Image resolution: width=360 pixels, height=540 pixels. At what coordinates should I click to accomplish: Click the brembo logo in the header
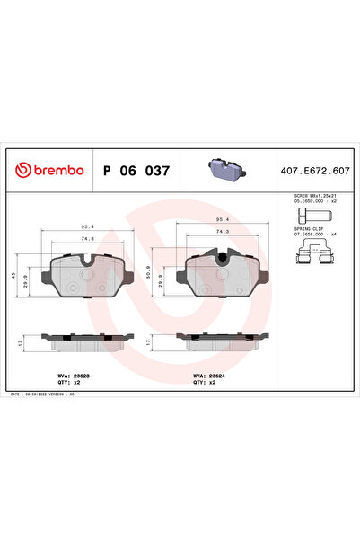coord(50,169)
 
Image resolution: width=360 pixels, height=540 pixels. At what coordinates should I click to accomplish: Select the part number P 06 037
coord(136,169)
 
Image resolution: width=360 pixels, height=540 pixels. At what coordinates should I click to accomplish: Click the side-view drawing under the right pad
coord(223,341)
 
